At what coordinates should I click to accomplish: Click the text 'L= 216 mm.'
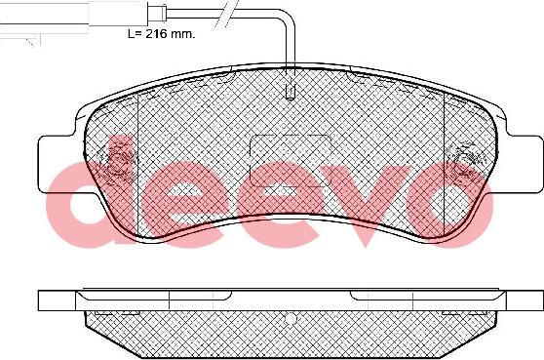(x=162, y=34)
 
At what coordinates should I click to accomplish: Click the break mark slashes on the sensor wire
(x=224, y=14)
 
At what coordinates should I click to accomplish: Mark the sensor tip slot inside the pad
(x=290, y=92)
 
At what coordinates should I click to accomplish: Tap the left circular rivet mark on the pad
(x=117, y=161)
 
